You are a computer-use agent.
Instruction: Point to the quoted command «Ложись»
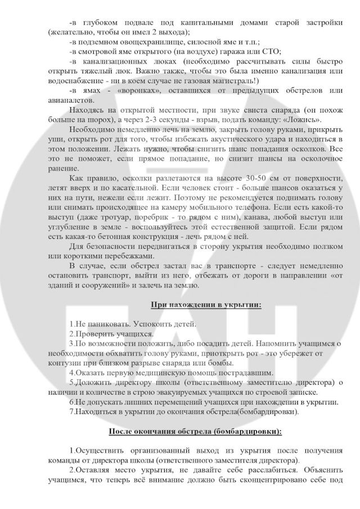[x=303, y=120]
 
